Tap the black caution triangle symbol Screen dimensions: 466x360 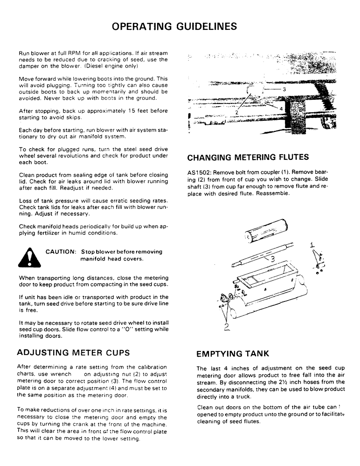coord(29,256)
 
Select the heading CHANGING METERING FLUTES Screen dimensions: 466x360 coord(248,157)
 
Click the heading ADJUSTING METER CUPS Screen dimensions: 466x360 coord(73,352)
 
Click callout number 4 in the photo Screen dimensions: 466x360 coord(281,108)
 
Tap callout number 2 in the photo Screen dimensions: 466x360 coord(237,112)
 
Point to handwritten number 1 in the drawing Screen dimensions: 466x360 coord(313,244)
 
